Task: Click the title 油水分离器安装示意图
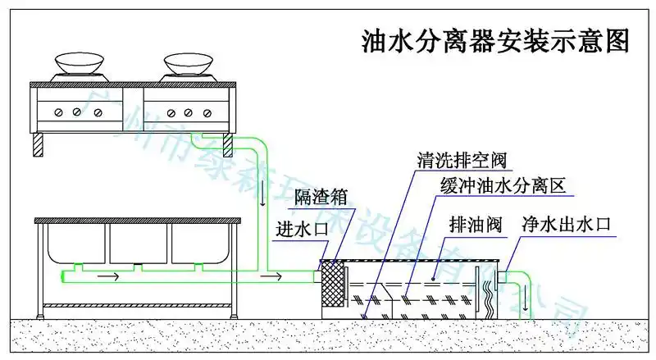(x=496, y=42)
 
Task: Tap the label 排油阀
(x=471, y=223)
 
